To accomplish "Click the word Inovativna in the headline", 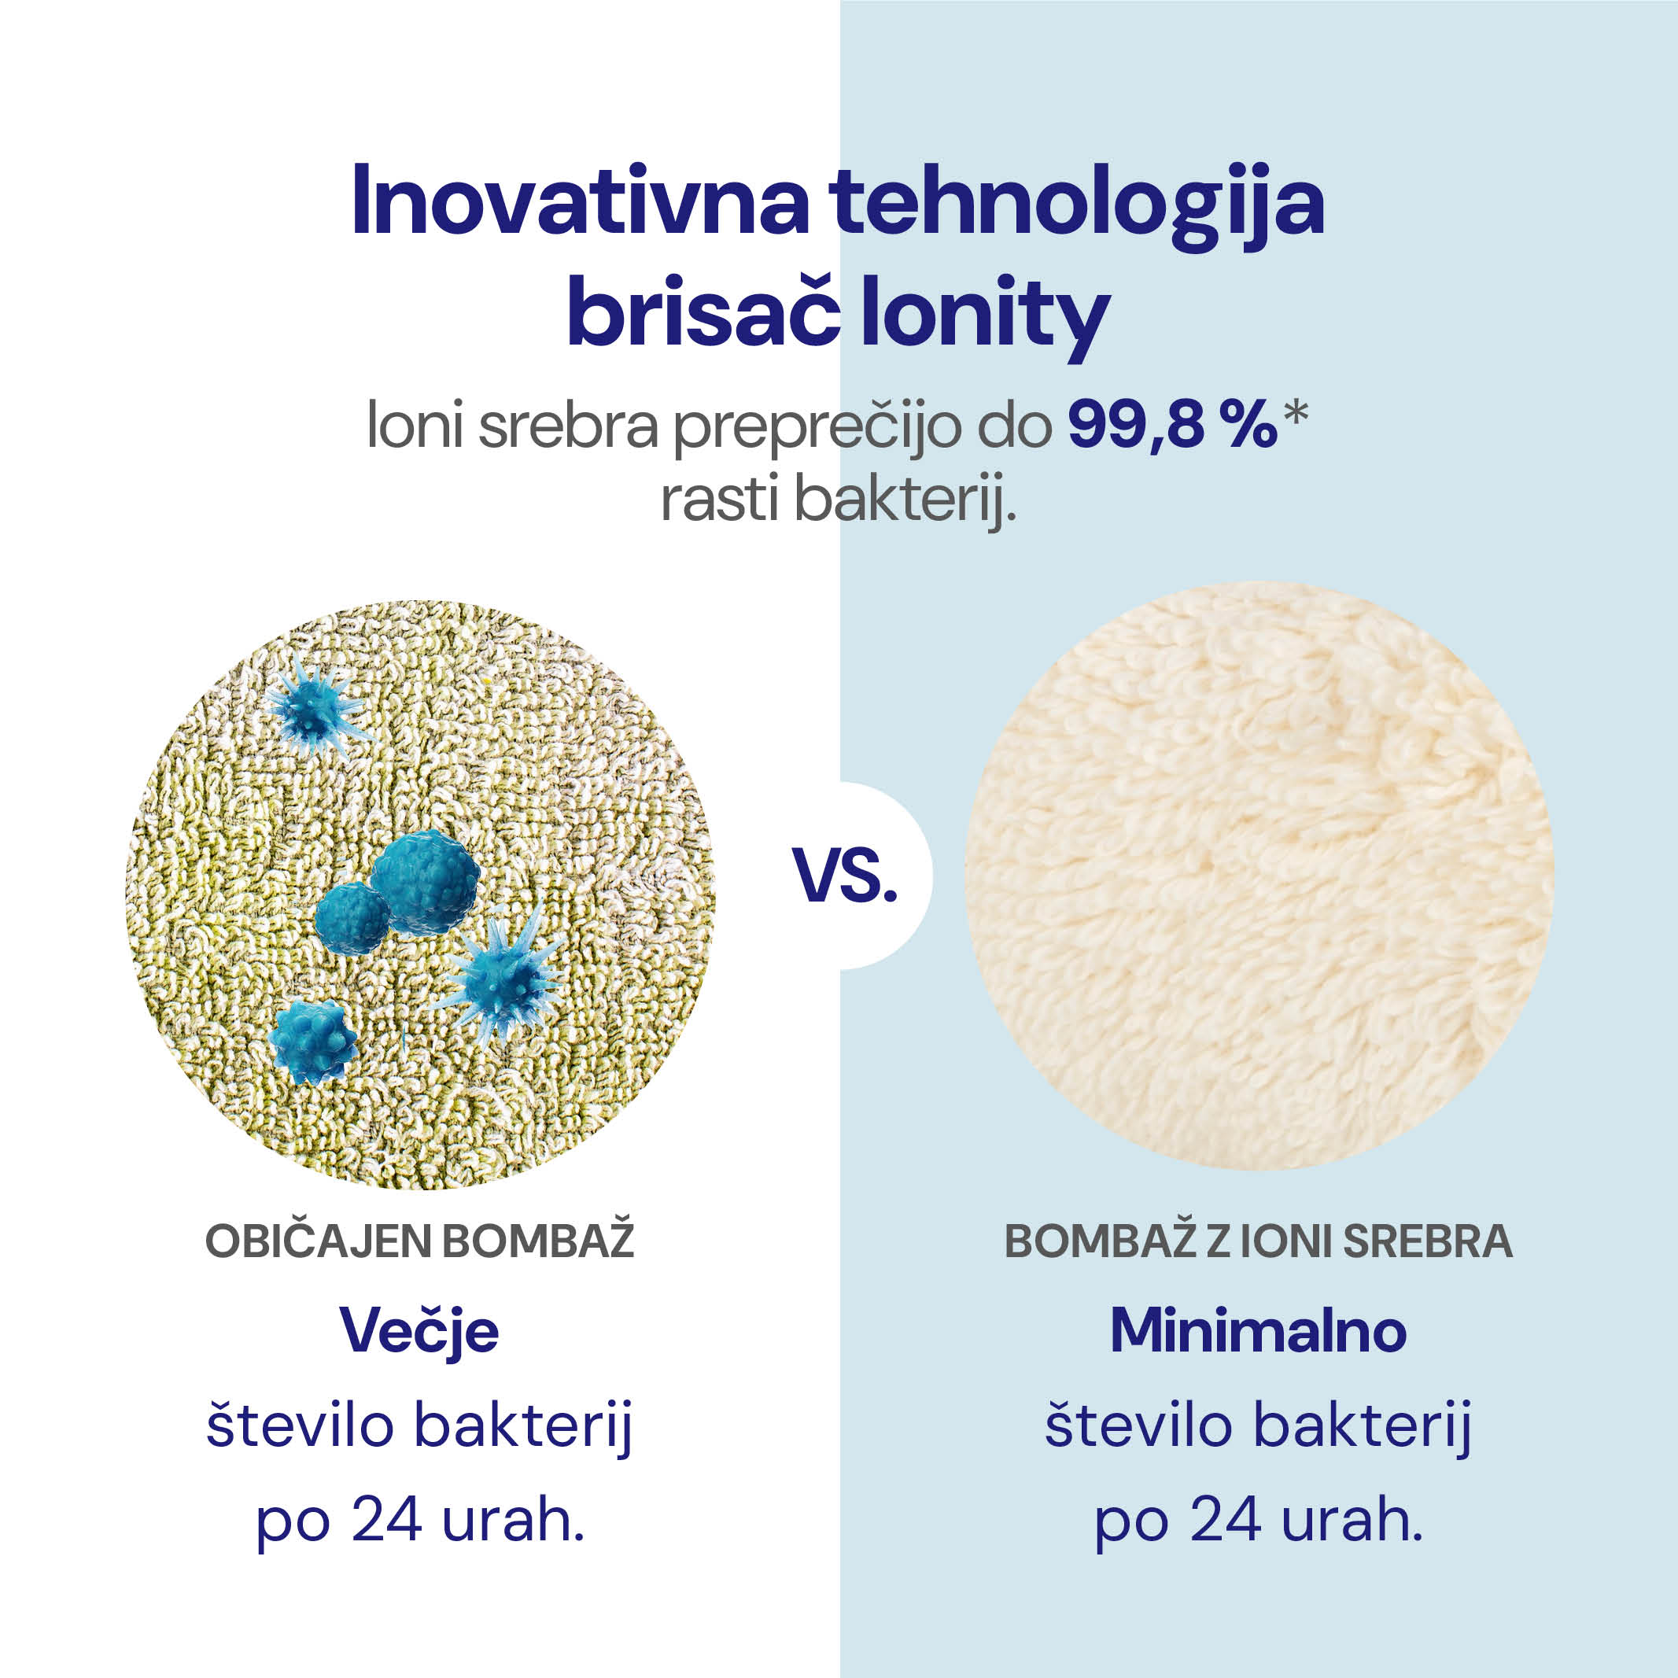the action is (580, 201).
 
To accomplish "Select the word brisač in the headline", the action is (703, 310).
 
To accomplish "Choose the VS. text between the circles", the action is (844, 876).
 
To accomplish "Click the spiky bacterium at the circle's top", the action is (315, 708).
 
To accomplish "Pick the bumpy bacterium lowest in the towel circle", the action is (312, 1040).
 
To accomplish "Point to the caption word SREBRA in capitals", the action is (1428, 1242).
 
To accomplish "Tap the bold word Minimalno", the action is (1259, 1330).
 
